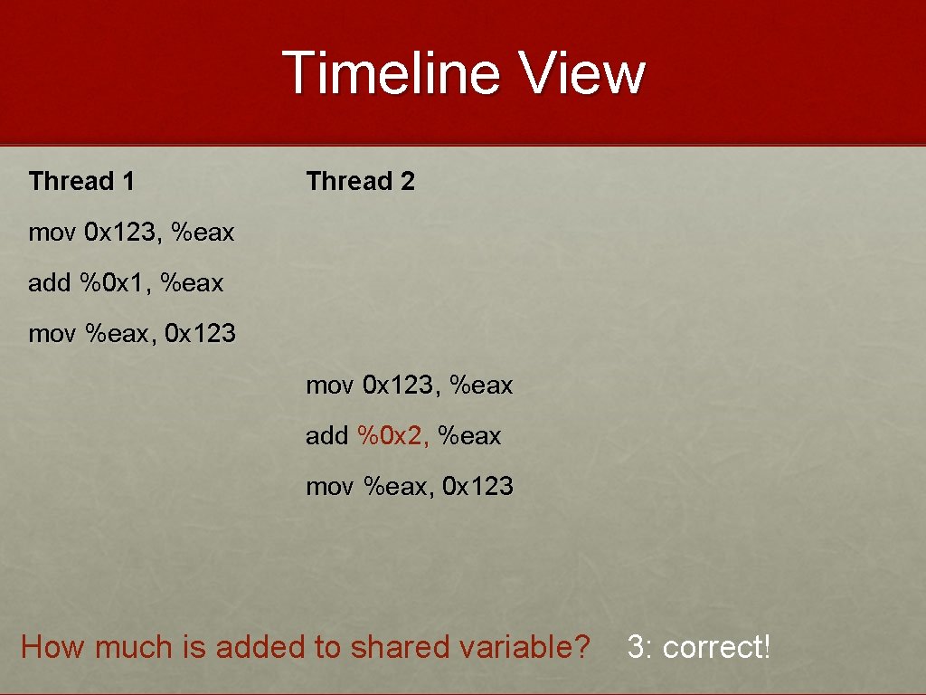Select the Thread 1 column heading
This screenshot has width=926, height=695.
tap(81, 181)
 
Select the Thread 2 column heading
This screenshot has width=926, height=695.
tap(360, 181)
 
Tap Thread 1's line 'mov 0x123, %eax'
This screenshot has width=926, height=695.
tap(131, 233)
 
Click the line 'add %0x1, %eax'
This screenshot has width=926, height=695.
tap(126, 283)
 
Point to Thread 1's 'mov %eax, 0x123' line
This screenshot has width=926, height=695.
tap(132, 334)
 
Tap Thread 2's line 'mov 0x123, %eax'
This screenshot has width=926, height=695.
tap(409, 386)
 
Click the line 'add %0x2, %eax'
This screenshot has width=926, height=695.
tap(403, 436)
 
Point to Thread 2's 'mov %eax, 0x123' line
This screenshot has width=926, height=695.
tap(410, 487)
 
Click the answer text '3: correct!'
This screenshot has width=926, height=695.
tap(698, 647)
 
